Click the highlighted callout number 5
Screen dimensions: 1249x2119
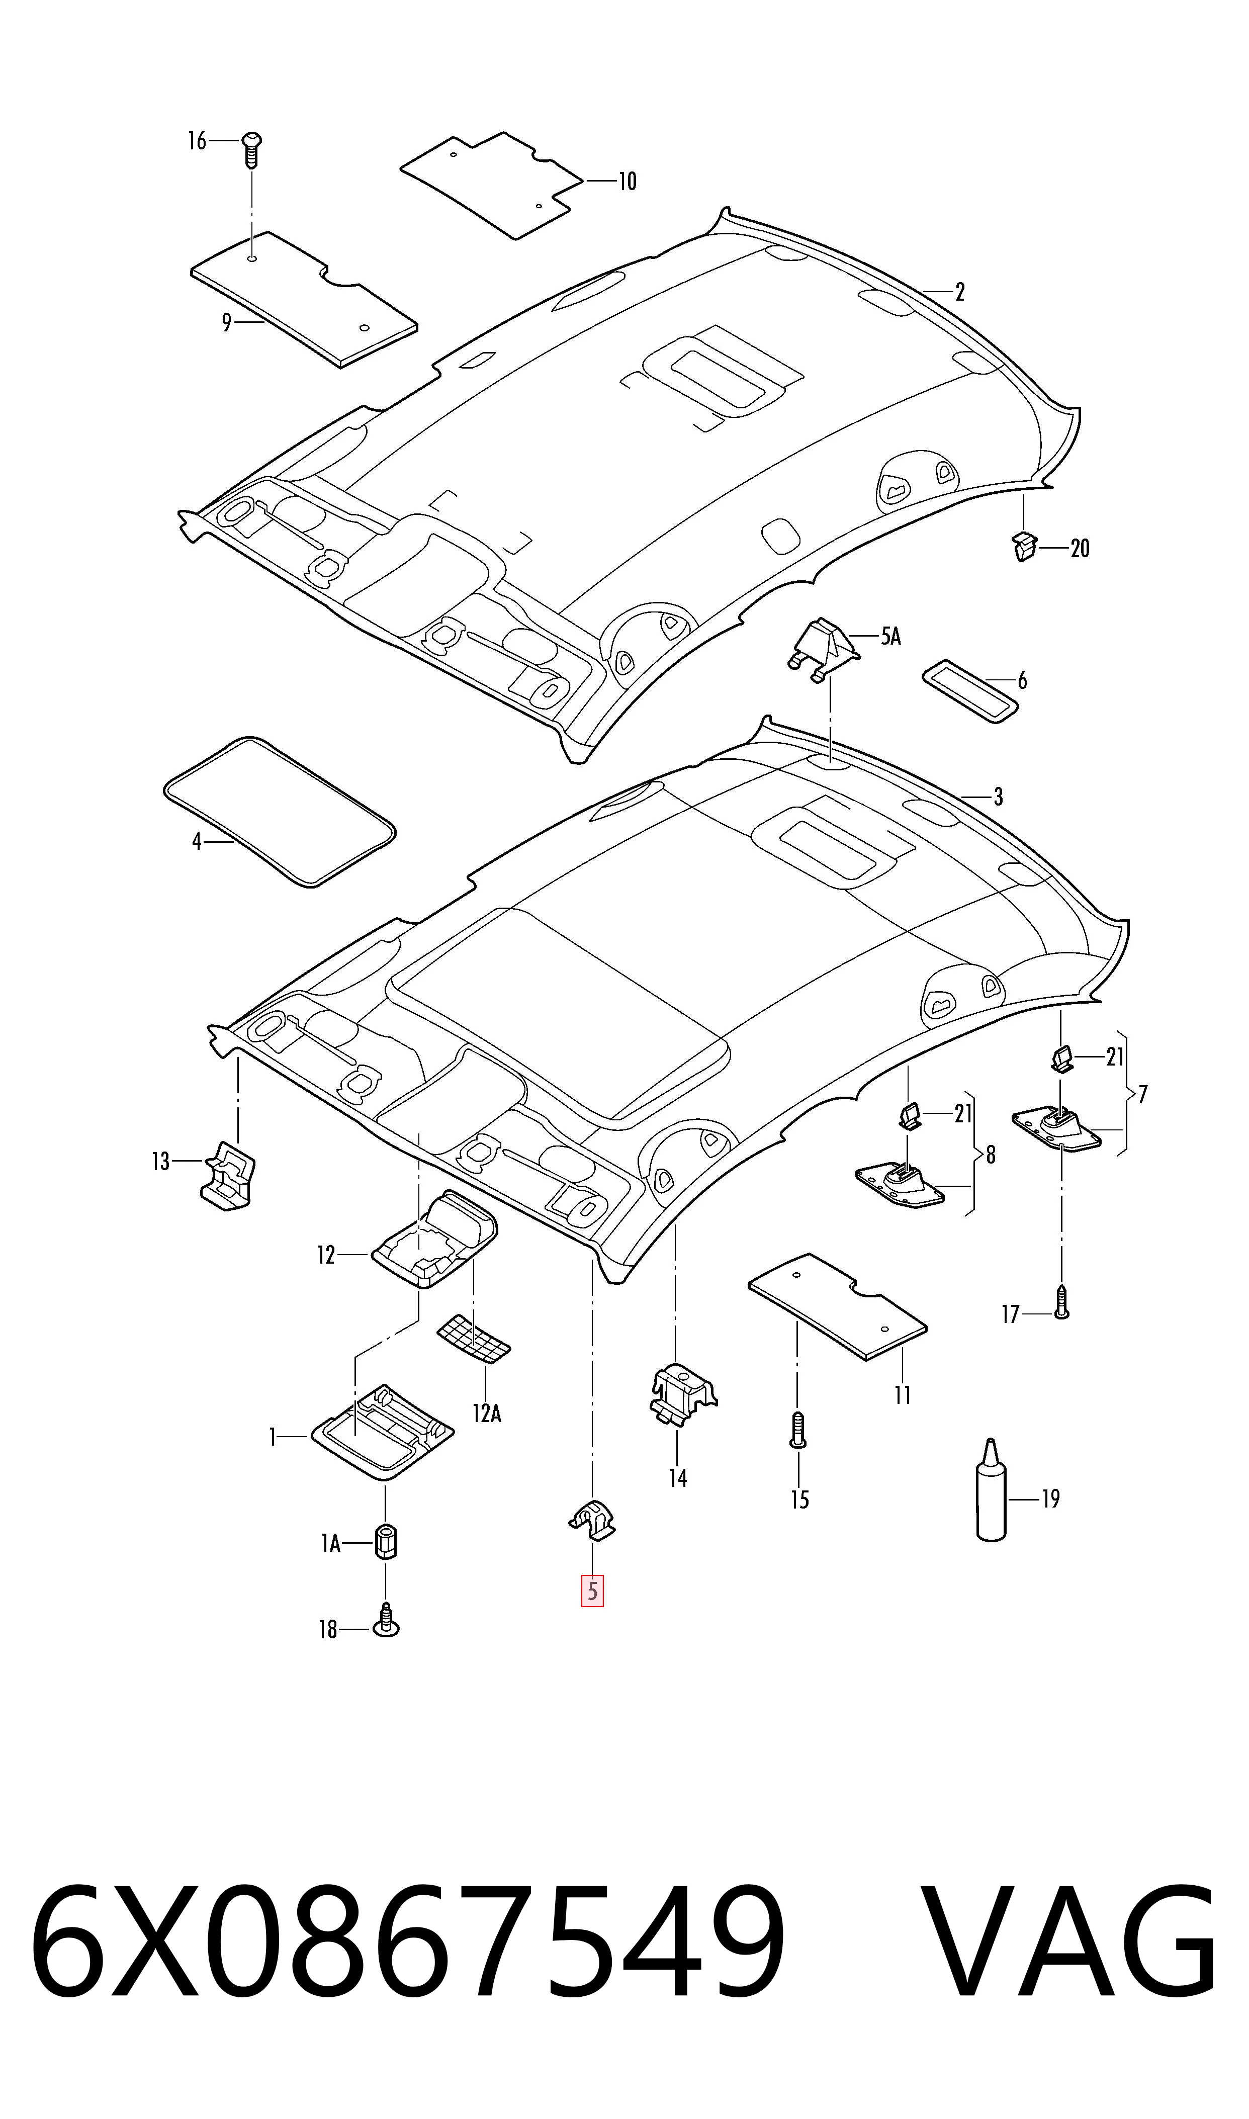tap(592, 1592)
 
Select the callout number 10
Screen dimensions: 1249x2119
tap(628, 181)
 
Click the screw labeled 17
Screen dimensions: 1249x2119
tap(1061, 1301)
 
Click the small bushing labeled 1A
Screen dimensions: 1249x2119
tap(386, 1541)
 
